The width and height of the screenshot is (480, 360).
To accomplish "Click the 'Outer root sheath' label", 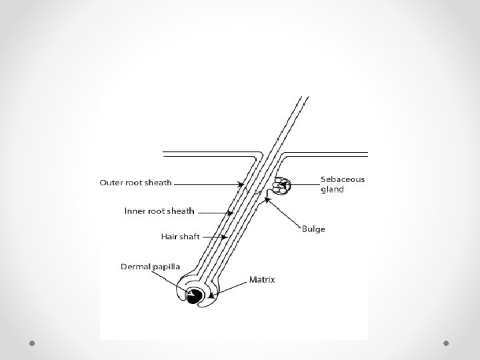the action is [x=136, y=182].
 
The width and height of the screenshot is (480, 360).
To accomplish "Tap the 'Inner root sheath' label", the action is [x=159, y=211].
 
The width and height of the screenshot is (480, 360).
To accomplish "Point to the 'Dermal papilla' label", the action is [x=150, y=266].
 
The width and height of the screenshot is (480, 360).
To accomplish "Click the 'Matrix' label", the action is [x=262, y=279].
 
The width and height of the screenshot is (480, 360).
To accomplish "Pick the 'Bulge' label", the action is [x=313, y=229].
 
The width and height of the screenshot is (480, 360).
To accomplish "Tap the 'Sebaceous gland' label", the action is [x=342, y=184].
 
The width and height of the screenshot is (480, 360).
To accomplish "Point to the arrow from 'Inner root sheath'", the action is [x=216, y=212].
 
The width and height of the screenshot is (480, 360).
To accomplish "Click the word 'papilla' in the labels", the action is [x=165, y=266].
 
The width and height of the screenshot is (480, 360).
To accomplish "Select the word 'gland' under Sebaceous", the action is [x=332, y=189].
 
